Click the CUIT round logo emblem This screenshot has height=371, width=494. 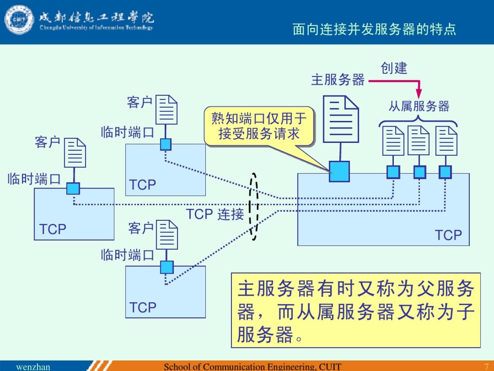[x=19, y=20]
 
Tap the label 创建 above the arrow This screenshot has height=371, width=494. [x=394, y=68]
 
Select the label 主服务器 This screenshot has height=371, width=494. [x=338, y=80]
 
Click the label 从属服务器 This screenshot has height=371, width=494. [x=419, y=106]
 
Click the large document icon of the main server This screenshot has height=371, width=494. [x=341, y=119]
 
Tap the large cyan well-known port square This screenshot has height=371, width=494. [x=339, y=171]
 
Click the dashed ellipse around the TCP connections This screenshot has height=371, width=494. [x=254, y=206]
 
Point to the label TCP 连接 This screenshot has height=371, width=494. [x=215, y=214]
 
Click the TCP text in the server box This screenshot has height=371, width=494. [x=448, y=235]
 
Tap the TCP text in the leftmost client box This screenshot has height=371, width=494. [x=52, y=229]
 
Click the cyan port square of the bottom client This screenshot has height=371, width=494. [x=167, y=267]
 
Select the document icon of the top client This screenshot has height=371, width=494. [x=166, y=110]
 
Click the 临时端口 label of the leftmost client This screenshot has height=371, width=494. [x=34, y=179]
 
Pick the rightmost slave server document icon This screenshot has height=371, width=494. [x=446, y=141]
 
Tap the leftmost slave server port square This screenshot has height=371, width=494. [x=393, y=172]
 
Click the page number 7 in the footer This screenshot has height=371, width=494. [x=486, y=367]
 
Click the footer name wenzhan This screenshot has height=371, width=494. [x=33, y=367]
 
